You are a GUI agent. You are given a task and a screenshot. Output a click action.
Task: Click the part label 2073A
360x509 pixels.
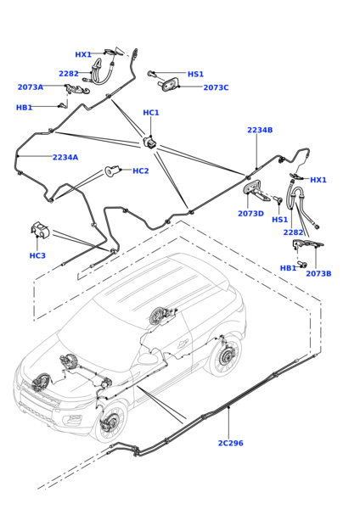point(31,87)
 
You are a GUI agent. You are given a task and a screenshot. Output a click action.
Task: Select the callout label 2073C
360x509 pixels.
point(216,87)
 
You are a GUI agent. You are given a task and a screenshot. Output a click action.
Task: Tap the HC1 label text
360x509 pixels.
point(151,113)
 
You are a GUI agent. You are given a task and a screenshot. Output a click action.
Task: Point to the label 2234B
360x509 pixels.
point(260,130)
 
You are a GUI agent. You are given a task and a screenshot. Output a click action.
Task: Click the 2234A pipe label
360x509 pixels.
point(65,157)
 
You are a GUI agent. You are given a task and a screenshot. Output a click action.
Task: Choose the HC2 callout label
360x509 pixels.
point(141,171)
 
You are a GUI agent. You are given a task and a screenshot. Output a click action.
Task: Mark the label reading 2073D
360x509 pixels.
point(250,214)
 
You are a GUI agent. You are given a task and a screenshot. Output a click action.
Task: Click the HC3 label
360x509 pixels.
point(37,255)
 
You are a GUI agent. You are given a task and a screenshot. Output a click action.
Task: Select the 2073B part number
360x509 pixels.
point(318,273)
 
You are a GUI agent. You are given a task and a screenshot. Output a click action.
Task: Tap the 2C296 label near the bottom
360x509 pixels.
point(231,443)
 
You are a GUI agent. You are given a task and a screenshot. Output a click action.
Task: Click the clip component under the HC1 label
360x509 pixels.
point(149,142)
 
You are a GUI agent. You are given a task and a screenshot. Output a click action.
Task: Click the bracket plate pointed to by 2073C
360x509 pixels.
point(170,84)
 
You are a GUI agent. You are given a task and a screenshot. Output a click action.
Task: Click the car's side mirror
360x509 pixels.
point(148,358)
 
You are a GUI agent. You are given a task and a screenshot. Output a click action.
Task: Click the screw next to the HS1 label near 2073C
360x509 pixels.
point(152,74)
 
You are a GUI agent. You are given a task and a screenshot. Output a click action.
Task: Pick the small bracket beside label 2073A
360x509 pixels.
point(77,88)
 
